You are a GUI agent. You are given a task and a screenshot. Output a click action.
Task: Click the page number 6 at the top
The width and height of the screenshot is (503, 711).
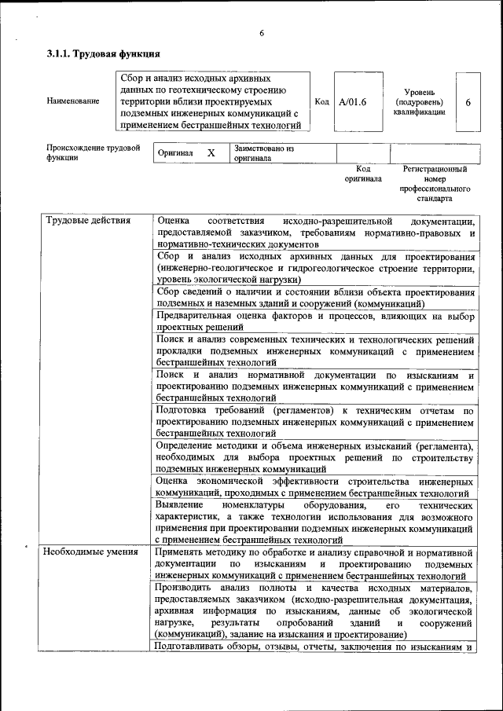click(261, 32)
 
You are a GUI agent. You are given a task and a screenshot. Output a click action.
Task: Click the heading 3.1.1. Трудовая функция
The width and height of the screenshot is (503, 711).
click(103, 54)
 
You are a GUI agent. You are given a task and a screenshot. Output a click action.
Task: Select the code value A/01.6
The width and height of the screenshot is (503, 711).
click(353, 101)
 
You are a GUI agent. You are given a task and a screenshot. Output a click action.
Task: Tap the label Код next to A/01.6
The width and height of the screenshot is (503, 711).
click(321, 101)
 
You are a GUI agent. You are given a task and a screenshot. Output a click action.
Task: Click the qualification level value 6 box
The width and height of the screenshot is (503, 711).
click(468, 102)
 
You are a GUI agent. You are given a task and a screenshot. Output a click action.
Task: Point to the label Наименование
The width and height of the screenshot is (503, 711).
click(73, 101)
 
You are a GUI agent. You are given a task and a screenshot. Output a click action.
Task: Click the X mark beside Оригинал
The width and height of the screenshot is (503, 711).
click(211, 153)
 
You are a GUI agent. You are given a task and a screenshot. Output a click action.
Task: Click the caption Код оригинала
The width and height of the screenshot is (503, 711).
click(362, 174)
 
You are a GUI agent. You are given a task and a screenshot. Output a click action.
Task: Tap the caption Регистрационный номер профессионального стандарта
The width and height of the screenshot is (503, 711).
click(434, 184)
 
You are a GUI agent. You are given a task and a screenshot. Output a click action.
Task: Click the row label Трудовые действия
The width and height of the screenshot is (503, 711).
click(88, 221)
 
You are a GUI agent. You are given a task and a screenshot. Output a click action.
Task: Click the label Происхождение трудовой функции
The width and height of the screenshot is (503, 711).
click(93, 152)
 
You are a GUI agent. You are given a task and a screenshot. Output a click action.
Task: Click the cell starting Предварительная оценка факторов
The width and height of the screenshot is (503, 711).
click(314, 321)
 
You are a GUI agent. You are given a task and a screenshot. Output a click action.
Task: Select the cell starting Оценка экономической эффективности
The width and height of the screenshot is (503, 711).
click(314, 486)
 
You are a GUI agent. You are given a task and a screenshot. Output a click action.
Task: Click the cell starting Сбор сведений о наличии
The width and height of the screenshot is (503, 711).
click(314, 297)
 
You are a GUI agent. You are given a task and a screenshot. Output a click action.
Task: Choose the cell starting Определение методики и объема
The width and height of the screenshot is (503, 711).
click(314, 457)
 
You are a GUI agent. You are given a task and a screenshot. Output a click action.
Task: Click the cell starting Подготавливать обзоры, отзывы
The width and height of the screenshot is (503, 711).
click(314, 647)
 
